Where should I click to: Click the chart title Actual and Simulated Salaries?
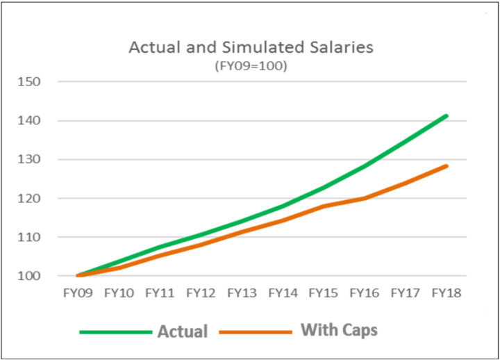pyautogui.click(x=251, y=48)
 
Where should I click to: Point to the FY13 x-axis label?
pyautogui.click(x=242, y=293)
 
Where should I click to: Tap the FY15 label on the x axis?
pyautogui.click(x=324, y=293)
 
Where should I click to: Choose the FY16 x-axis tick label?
pyautogui.click(x=365, y=293)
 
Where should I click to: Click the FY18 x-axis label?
pyautogui.click(x=447, y=293)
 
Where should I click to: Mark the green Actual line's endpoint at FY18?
pyautogui.click(x=447, y=115)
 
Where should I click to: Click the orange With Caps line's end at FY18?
pyautogui.click(x=447, y=166)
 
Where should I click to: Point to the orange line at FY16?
pyautogui.click(x=365, y=198)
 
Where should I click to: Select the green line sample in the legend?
pyautogui.click(x=115, y=332)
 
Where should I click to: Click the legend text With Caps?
pyautogui.click(x=339, y=330)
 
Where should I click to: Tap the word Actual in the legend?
pyautogui.click(x=182, y=332)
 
